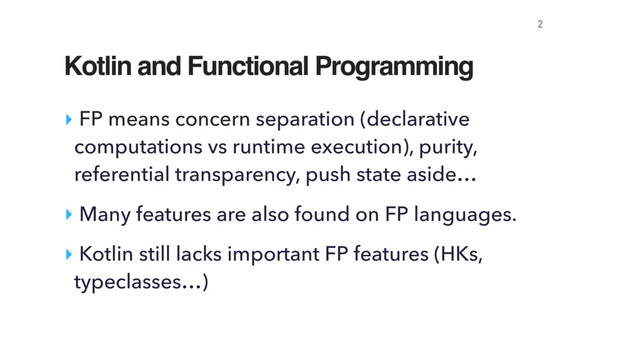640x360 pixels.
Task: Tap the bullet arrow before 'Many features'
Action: [x=67, y=213]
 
